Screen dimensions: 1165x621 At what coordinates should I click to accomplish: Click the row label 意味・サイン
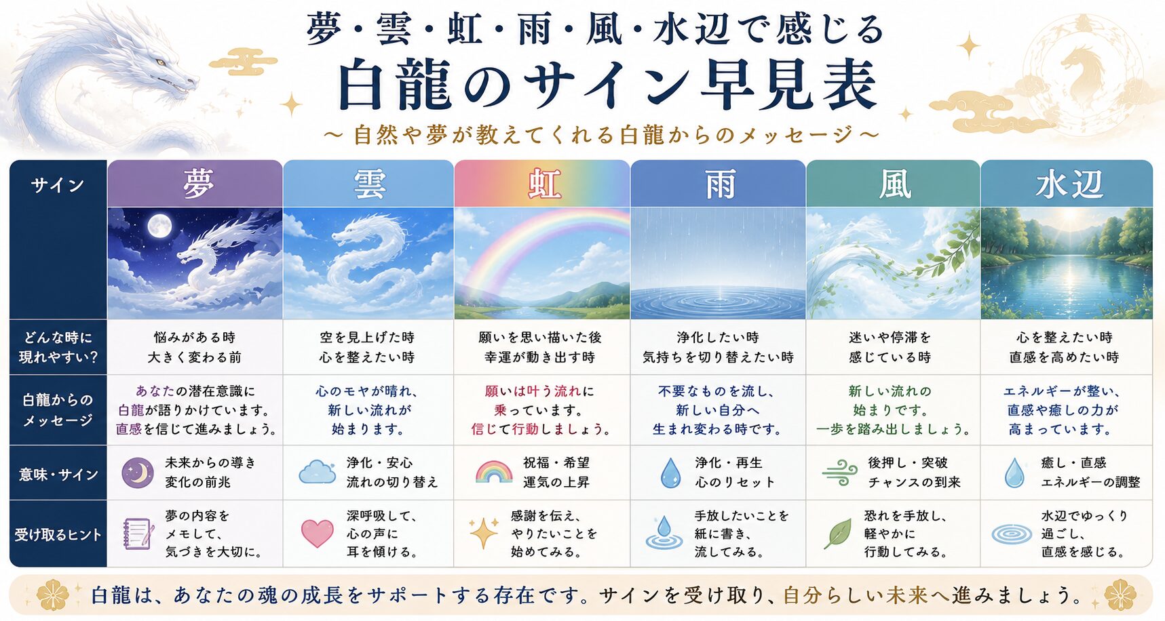(58, 474)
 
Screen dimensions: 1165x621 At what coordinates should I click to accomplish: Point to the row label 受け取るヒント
(58, 534)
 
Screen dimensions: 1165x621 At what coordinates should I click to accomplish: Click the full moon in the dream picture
(159, 226)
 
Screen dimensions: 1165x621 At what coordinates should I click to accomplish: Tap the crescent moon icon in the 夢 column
(138, 473)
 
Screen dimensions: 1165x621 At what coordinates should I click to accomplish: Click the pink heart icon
(317, 534)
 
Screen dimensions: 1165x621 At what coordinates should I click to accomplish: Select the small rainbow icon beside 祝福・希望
(494, 472)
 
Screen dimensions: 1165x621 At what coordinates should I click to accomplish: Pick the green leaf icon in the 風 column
(837, 534)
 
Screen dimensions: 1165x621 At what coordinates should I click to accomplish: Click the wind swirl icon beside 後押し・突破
(840, 473)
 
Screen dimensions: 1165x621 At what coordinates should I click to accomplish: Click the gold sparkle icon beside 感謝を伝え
(484, 533)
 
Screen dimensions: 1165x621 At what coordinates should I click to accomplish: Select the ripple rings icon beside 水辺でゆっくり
(1012, 535)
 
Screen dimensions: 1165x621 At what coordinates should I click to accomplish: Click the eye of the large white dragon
(161, 62)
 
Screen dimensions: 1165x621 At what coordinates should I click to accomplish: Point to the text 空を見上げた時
(367, 337)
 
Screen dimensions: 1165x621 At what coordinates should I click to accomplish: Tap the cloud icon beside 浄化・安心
(318, 472)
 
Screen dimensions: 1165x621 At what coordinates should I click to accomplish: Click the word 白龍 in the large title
(396, 85)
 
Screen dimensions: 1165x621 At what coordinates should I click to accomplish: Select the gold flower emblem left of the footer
(52, 595)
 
